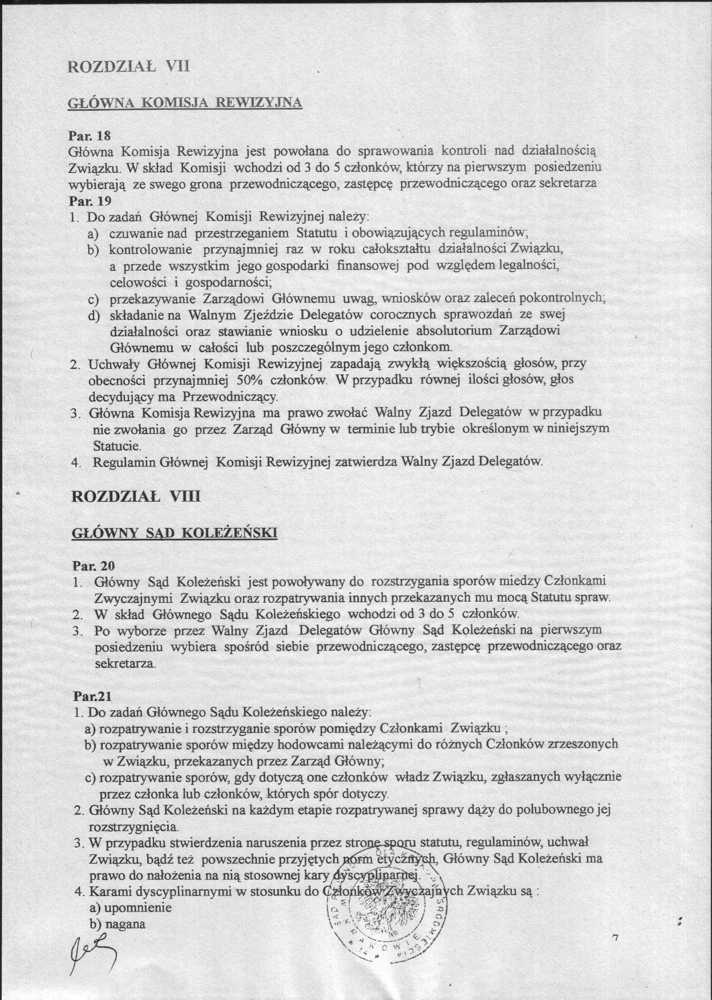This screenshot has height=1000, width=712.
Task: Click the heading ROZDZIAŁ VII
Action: [128, 67]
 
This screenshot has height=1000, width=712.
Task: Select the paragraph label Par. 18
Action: [88, 136]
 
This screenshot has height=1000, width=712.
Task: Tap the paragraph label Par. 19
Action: [88, 201]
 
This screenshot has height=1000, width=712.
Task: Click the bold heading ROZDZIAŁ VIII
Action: [136, 496]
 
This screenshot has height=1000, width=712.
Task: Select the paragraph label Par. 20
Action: [94, 566]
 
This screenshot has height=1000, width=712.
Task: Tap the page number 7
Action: [614, 937]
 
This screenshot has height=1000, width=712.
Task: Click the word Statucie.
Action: [117, 445]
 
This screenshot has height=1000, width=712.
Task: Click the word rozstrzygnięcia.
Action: [134, 826]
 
